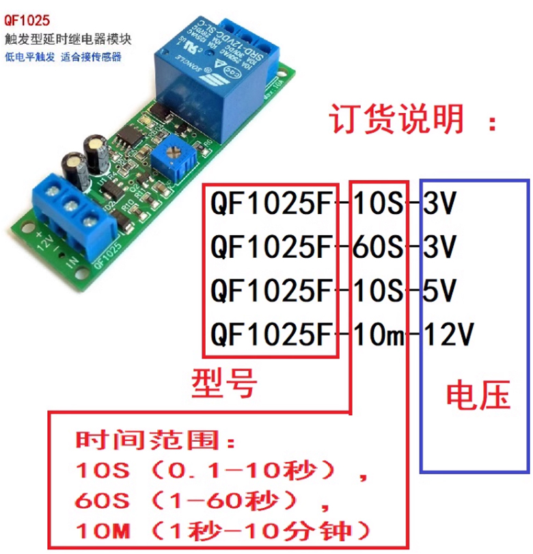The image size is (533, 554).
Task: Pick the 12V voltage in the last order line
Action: [x=448, y=335]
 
